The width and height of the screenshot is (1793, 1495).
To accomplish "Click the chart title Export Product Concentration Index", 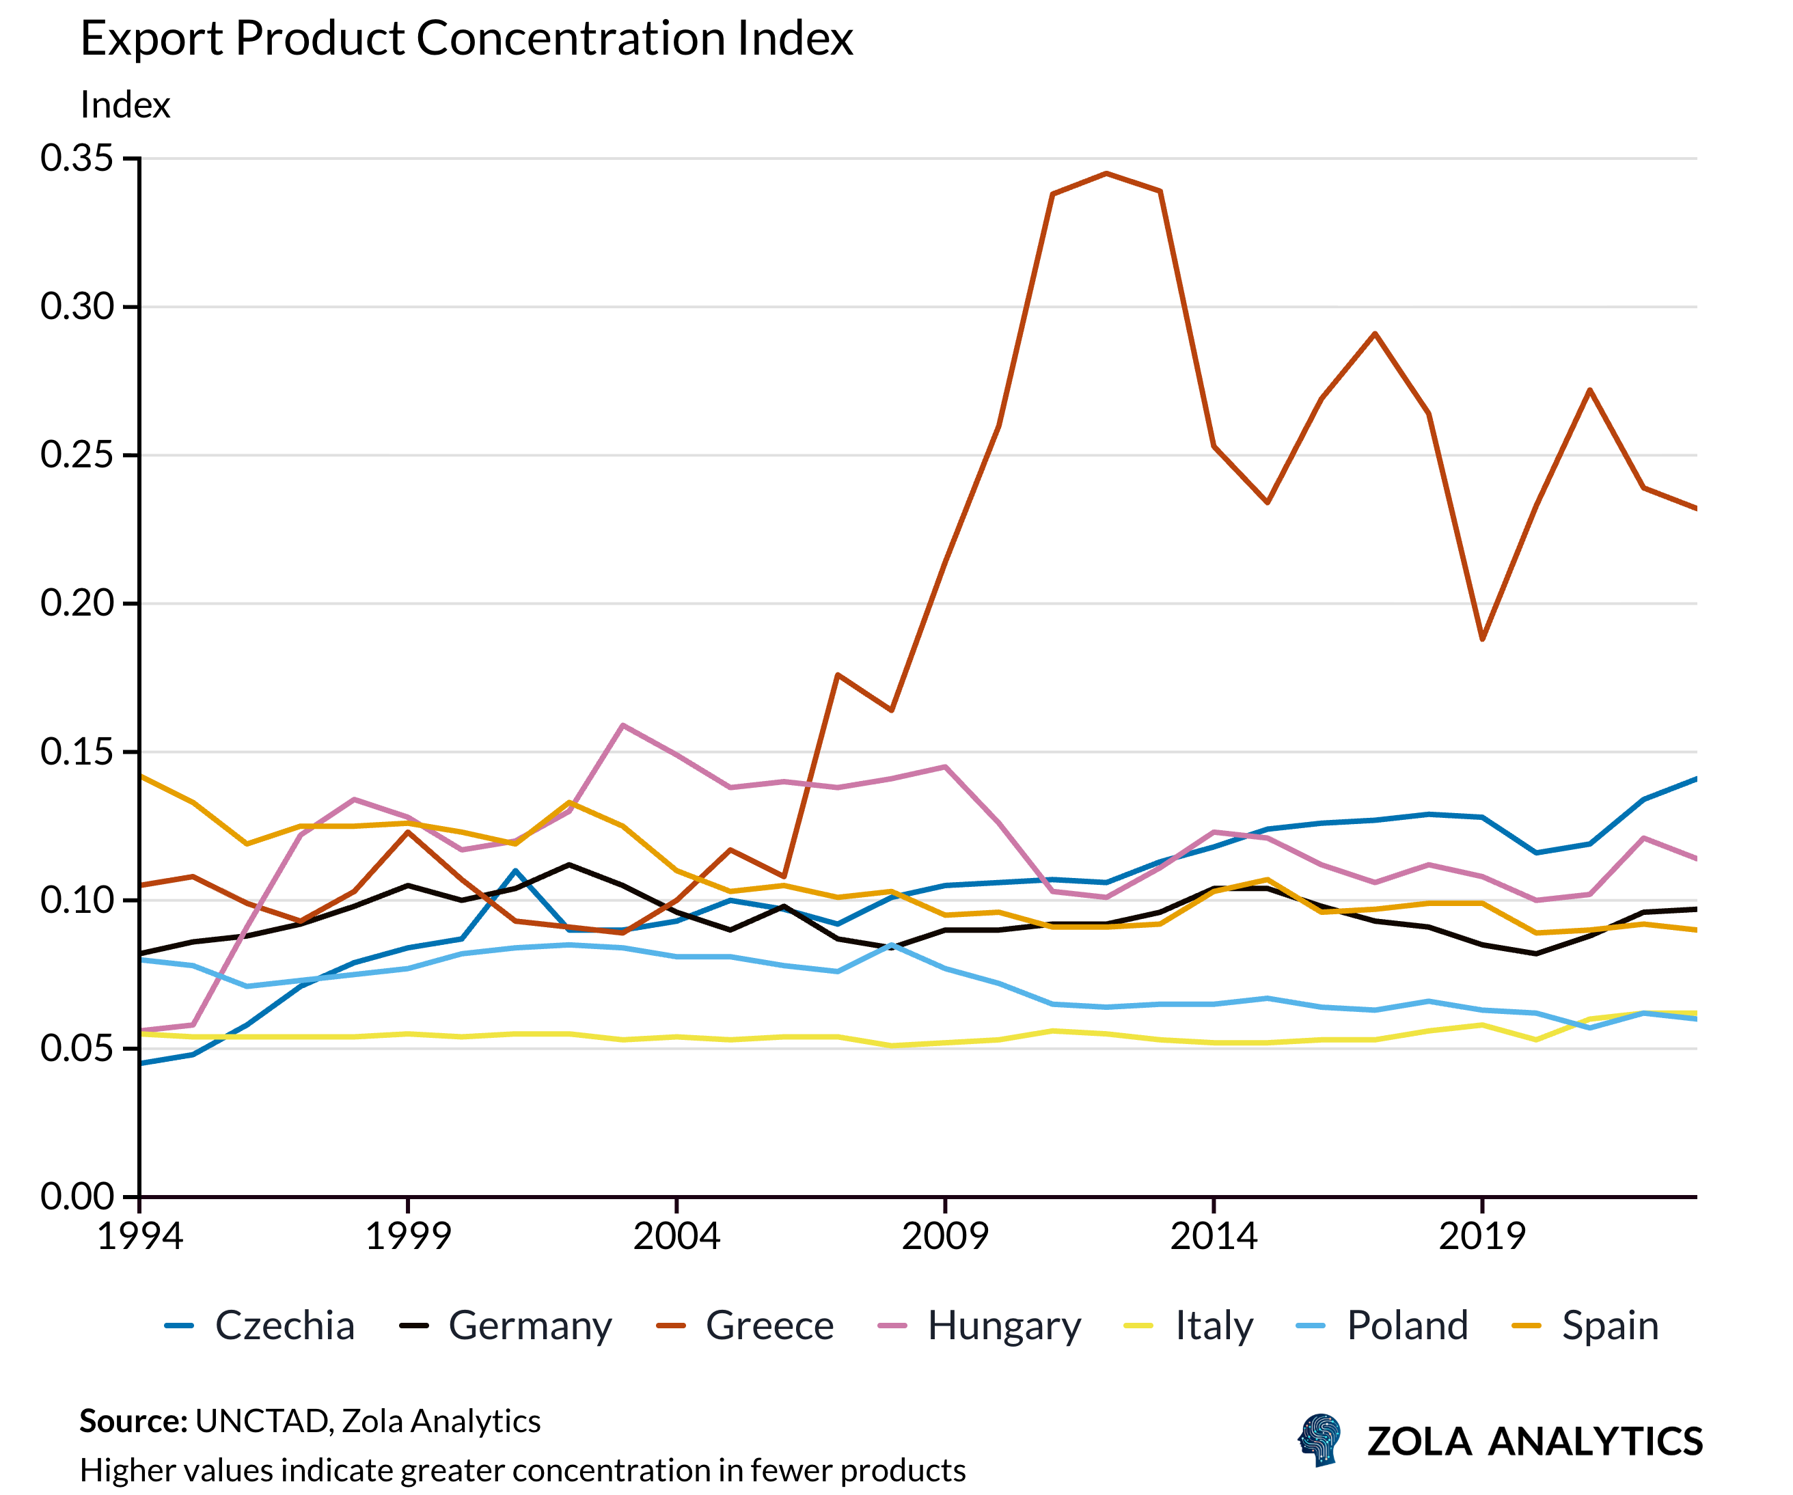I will [466, 38].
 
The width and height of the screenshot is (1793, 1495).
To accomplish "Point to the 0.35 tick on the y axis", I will [77, 158].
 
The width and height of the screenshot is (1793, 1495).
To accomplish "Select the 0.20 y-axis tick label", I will [77, 603].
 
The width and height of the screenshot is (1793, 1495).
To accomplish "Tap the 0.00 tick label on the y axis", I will [77, 1197].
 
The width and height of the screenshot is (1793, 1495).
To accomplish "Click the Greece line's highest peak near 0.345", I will [1106, 174].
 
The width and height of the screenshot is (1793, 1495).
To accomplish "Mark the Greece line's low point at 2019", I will [1482, 639].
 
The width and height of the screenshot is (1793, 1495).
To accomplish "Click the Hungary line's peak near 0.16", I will [623, 725].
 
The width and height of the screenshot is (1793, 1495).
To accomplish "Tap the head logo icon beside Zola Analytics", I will [1319, 1440].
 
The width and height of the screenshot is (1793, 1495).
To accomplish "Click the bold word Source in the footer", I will [133, 1422].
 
